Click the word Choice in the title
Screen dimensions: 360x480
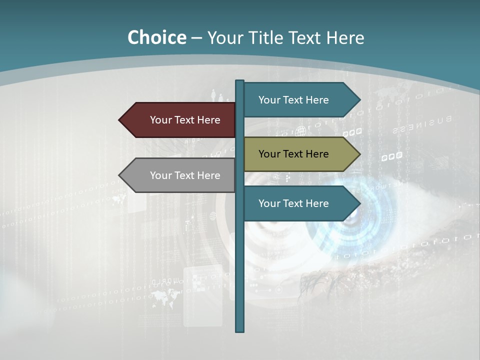click(156, 38)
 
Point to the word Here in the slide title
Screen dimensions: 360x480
click(345, 38)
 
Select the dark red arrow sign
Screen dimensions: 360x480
click(180, 120)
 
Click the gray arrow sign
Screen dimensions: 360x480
click(180, 175)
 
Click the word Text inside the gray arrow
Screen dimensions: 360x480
click(185, 175)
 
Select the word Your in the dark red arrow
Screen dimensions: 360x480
click(160, 120)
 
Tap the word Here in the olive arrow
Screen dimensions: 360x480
click(317, 154)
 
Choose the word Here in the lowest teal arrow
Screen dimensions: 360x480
click(317, 203)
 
